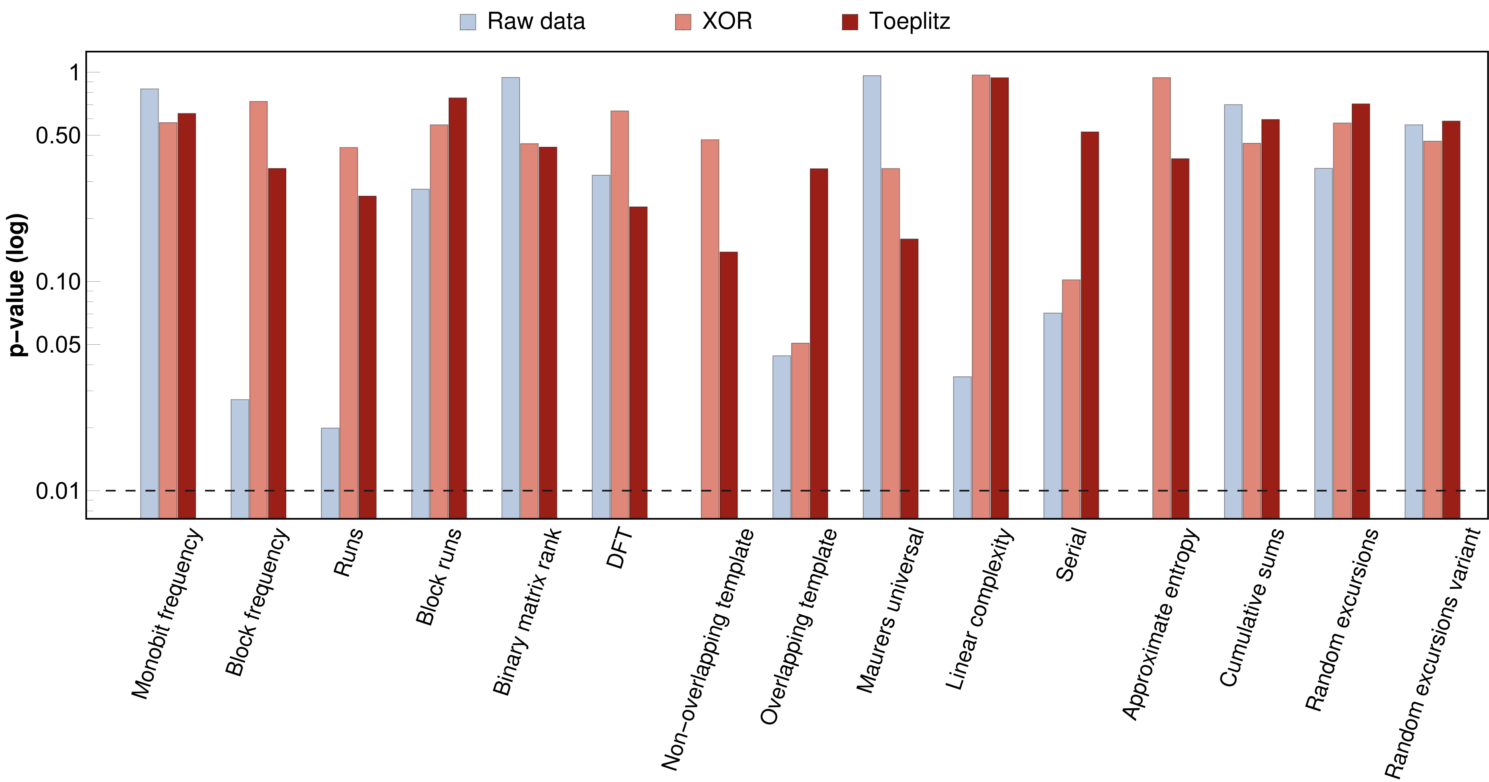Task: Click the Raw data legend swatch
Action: click(x=468, y=22)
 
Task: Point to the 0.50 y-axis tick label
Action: click(x=58, y=136)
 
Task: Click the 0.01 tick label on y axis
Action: click(x=58, y=491)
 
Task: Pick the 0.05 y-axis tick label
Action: click(x=58, y=345)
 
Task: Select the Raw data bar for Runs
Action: click(x=330, y=473)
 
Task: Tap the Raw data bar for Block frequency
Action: click(x=240, y=458)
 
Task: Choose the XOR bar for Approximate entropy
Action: click(x=1161, y=298)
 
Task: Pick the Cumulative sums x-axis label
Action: click(x=1251, y=608)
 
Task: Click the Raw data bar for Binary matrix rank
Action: click(x=510, y=298)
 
